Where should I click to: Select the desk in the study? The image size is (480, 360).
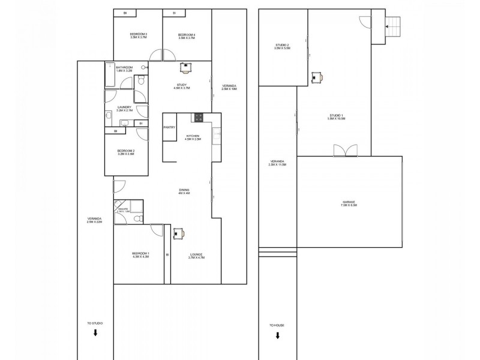coord(185,67)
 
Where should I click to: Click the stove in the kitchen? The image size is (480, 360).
coord(198,116)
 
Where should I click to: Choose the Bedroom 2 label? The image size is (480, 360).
coord(125,152)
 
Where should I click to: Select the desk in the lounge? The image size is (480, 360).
coord(179,233)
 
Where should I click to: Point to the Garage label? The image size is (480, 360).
coord(349,204)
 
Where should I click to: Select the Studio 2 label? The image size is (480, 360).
coord(282,47)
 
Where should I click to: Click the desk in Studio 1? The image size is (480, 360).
coord(317,76)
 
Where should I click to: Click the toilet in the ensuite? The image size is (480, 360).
coord(137,218)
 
